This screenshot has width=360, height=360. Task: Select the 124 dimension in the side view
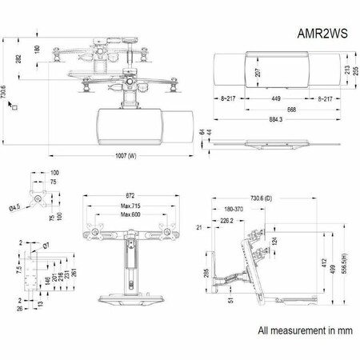[x=297, y=241]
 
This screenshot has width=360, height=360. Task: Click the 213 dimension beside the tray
[x=345, y=70]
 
